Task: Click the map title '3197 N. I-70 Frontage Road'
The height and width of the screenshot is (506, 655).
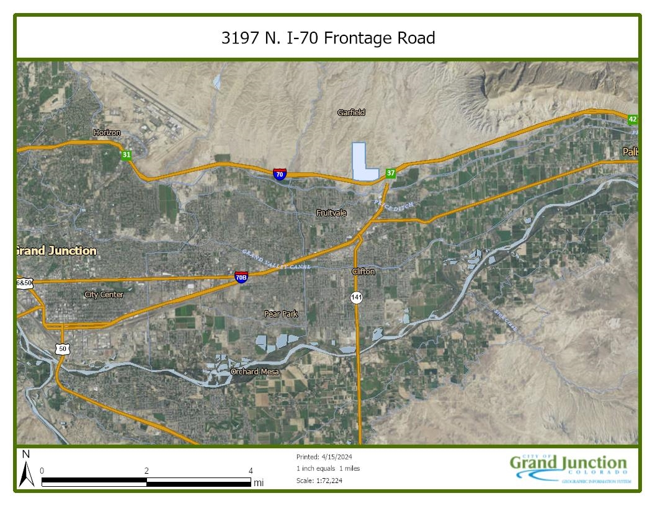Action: pos(328,38)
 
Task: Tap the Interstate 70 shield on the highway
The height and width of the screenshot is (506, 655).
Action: pos(280,174)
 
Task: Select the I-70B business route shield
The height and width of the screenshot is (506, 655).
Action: pos(241,277)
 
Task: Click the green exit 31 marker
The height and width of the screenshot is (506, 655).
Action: pos(127,155)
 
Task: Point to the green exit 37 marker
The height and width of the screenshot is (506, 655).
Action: pos(390,173)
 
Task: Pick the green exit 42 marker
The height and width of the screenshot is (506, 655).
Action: pos(632,119)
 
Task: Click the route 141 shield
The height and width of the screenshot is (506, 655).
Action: pos(356,298)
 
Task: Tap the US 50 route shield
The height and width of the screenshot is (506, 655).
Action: pos(62,349)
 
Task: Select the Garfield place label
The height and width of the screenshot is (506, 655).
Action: pos(351,112)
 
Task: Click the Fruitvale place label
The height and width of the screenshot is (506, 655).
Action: pos(331,213)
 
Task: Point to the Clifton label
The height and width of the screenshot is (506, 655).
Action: pos(363,272)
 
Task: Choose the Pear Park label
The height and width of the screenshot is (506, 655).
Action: pos(281,314)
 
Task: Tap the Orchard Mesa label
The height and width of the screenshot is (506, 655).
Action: pos(254,371)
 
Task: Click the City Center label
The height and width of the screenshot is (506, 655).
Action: pos(104,295)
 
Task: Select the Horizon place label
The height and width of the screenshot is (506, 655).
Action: pos(107,133)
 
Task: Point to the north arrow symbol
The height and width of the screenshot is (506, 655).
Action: pos(26,471)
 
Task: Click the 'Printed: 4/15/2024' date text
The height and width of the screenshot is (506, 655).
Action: pos(320,457)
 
